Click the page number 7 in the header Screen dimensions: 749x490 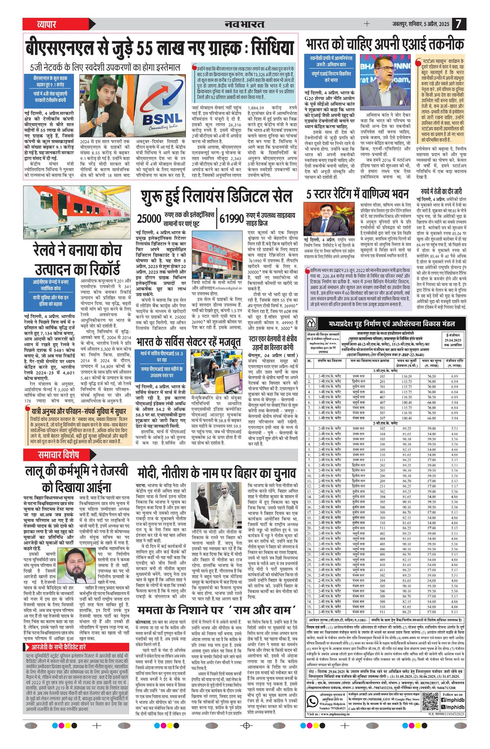(x=458, y=24)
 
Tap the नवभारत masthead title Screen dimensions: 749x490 (x=244, y=24)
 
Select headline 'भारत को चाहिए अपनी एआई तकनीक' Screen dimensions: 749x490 (x=384, y=44)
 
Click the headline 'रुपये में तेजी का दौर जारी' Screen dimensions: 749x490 (x=441, y=191)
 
